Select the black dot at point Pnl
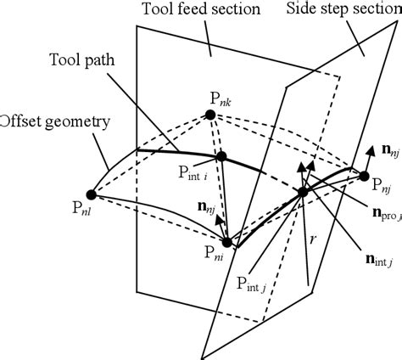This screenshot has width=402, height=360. [x=92, y=194]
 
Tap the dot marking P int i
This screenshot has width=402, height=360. [x=221, y=157]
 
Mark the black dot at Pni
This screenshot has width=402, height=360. [x=226, y=242]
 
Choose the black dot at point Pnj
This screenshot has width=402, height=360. [x=365, y=177]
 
